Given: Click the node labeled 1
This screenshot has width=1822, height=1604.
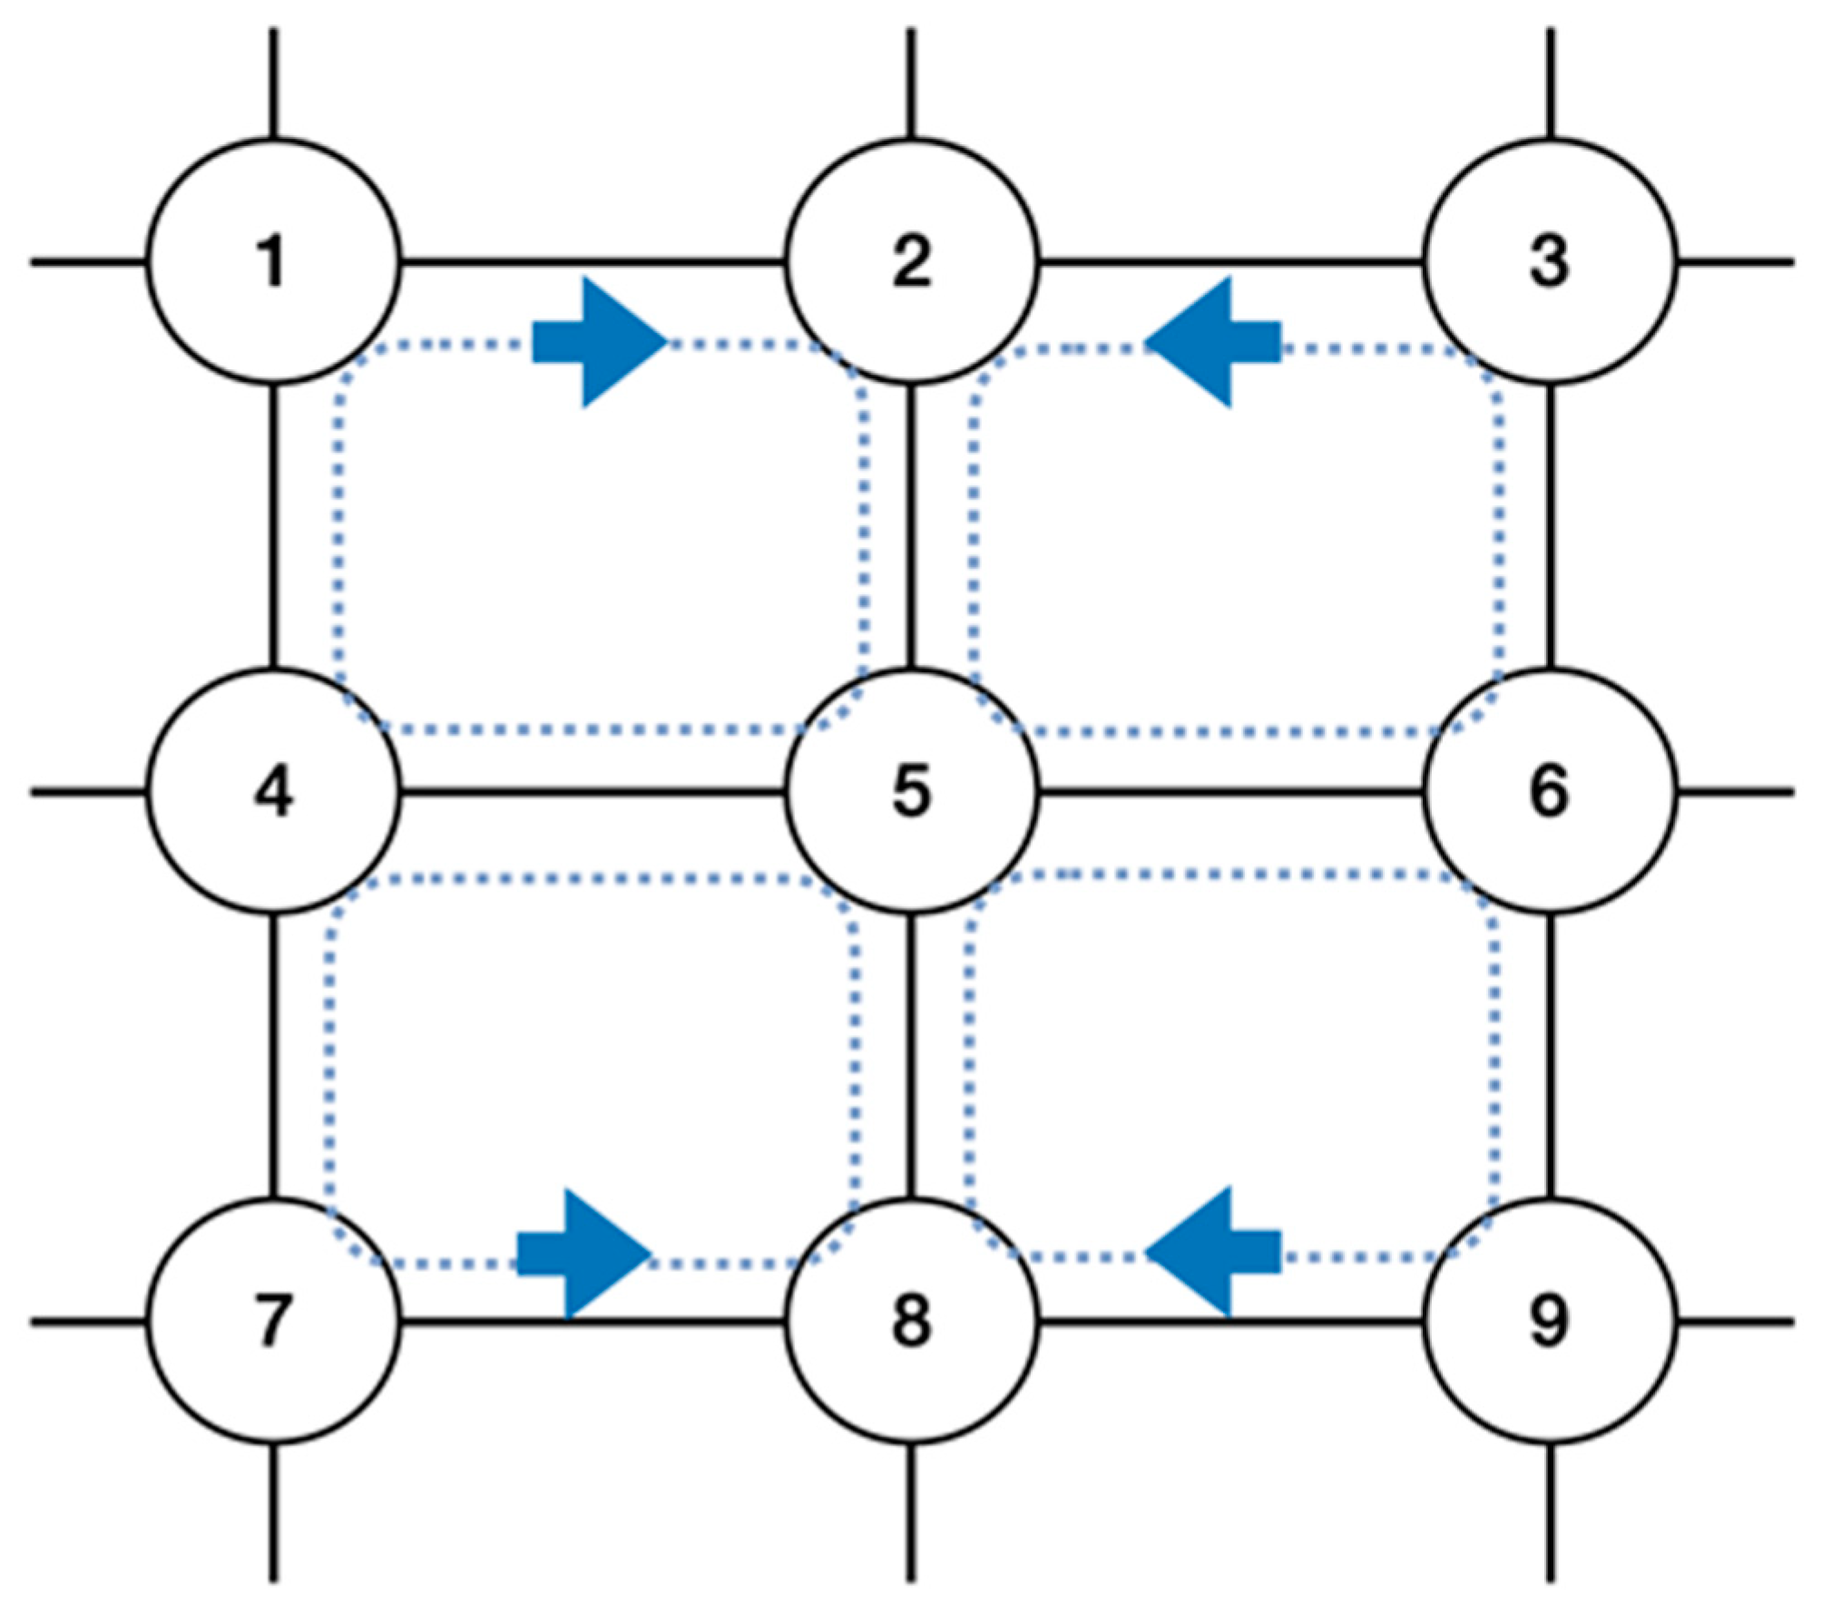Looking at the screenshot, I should (273, 261).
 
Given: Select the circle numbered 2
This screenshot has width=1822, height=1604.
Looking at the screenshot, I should (911, 261).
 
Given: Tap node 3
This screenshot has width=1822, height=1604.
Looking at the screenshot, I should (1549, 261).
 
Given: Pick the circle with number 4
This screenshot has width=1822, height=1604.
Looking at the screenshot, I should (273, 791).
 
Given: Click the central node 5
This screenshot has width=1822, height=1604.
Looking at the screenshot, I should (911, 791).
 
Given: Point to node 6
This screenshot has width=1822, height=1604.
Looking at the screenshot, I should (1549, 791).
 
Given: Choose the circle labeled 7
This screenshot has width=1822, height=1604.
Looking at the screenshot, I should (273, 1321).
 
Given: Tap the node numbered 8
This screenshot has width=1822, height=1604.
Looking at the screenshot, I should (911, 1321).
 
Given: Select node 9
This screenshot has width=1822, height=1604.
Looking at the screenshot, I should (1549, 1321).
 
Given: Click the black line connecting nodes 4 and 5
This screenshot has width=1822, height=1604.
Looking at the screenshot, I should (592, 792).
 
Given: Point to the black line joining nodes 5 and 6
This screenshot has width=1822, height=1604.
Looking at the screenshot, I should (1229, 792).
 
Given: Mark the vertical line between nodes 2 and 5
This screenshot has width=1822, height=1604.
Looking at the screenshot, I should (911, 526).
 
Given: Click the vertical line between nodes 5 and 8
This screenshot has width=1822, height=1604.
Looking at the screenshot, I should (911, 1057).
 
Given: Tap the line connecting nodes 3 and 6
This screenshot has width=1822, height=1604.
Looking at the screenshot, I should (1550, 526).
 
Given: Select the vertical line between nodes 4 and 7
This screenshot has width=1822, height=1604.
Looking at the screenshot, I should (273, 1057).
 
